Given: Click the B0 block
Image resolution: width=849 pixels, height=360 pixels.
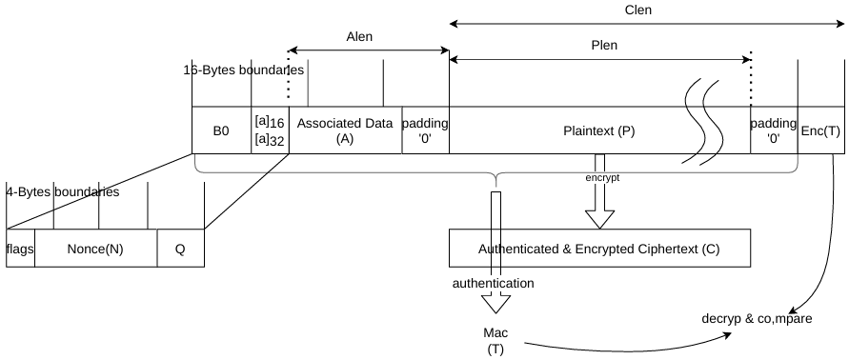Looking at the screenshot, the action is coord(221,130).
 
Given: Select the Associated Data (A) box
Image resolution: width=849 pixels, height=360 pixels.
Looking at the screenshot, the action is coord(345,130).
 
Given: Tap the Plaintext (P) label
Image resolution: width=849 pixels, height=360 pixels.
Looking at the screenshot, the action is coord(598,131).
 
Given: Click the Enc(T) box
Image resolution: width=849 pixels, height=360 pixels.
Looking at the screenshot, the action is coord(820,130).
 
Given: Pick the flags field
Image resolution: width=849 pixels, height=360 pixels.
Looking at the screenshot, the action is coord(21,249).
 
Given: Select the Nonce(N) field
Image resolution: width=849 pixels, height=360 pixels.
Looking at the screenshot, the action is coord(96,249).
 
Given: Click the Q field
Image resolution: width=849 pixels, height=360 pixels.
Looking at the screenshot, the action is coord(181,249).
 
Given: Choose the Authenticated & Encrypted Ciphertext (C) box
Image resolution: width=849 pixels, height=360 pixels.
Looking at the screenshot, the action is coord(599,249).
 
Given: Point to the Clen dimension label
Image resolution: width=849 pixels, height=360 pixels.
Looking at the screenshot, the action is coord(637,10).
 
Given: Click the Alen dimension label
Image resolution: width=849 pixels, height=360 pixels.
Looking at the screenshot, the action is coord(359,37).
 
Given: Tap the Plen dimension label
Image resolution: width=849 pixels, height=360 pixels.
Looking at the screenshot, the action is coord(604,46).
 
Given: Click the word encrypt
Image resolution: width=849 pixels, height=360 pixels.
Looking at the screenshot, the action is coord(602,177).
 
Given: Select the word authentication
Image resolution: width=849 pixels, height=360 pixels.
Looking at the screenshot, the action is coord(494,283).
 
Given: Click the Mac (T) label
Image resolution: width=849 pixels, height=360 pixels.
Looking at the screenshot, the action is coord(495,341).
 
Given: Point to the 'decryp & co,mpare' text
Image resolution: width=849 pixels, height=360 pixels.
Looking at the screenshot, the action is coord(757,319).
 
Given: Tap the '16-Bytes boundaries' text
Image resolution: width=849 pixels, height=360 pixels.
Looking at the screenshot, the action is coord(244,70).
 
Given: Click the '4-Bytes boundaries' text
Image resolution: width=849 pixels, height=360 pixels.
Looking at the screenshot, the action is coord(63,192).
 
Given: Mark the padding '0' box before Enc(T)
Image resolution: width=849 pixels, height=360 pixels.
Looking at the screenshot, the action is coord(774,130).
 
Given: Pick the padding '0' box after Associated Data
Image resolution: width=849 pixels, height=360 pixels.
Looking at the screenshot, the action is coord(425,130).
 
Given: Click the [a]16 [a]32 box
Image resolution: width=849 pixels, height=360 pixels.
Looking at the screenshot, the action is coord(271,130).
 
